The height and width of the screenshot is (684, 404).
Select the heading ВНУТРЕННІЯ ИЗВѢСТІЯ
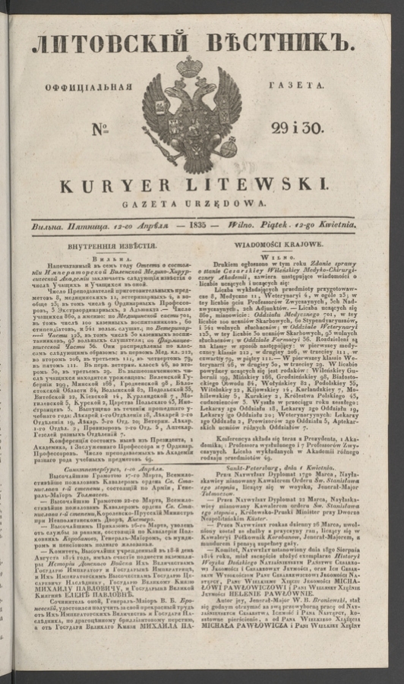click(x=113, y=246)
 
